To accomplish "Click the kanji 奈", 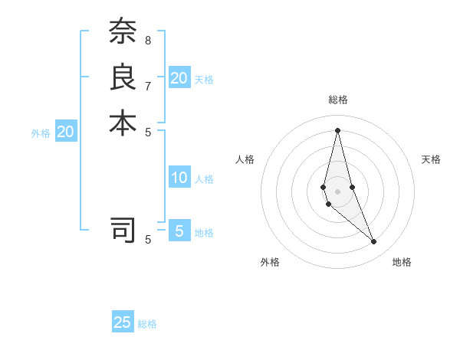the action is click(123, 31).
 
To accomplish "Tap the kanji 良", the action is click(123, 77).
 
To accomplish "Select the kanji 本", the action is click(123, 123).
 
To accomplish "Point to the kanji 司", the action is click(123, 229).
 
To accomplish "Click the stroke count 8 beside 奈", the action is click(148, 39).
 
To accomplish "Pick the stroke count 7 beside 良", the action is click(148, 86).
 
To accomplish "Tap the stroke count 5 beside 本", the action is click(148, 131).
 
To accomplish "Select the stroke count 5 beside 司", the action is click(148, 240).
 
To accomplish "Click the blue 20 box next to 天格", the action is click(179, 78).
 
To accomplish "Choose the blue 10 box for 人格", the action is click(179, 178).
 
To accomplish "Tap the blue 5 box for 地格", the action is click(179, 231).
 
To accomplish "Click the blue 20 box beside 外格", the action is click(66, 132).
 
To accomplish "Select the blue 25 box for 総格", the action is click(123, 322).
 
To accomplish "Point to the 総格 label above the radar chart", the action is click(337, 100).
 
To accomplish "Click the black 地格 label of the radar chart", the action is click(402, 262).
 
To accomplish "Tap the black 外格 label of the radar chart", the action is click(270, 262).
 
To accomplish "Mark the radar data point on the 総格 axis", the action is click(337, 129).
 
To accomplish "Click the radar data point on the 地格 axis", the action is click(374, 241).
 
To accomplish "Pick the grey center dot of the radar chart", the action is click(337, 180).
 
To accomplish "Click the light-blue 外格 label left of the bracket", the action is click(41, 133).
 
